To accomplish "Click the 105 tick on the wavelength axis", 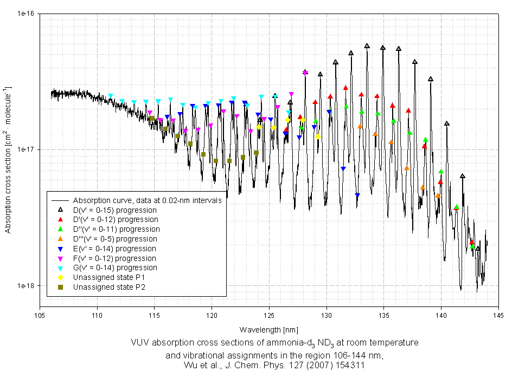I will pos(40,315).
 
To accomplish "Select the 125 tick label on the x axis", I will pos(269,315).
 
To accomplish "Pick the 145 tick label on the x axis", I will pos(498,315).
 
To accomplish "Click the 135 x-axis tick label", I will pos(383,315).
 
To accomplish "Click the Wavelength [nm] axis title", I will pos(268,329).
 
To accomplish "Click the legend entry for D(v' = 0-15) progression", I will pos(114,210).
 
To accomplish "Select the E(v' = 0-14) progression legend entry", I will pos(114,249).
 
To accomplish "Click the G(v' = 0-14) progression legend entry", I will pos(114,267).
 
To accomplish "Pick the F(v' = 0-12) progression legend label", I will pos(114,258).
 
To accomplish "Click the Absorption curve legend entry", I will pos(147,200).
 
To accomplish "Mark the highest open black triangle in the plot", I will pos(367,46).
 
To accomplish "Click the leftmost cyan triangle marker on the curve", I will pos(111,96).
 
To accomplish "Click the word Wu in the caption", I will pos(191,366).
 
